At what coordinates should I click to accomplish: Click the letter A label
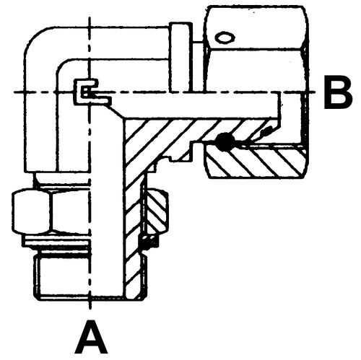point(91,337)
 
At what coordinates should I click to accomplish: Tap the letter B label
point(338,92)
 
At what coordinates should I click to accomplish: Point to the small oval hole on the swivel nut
point(225,38)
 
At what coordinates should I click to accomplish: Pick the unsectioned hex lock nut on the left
point(51,211)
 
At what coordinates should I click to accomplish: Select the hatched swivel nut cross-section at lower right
point(255,161)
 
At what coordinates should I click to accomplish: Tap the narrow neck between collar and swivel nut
point(199,67)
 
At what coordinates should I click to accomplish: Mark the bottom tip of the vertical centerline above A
point(90,309)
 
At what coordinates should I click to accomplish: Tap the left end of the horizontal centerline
point(14,92)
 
